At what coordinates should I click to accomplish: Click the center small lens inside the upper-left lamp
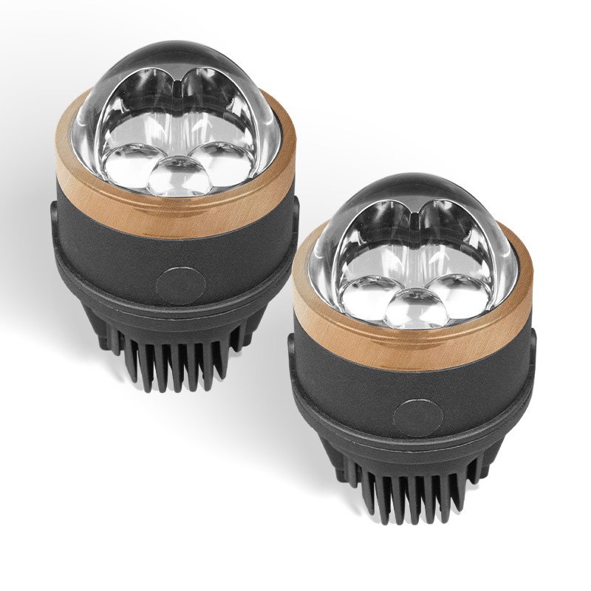[178, 175]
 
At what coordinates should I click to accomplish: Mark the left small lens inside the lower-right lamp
[369, 295]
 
